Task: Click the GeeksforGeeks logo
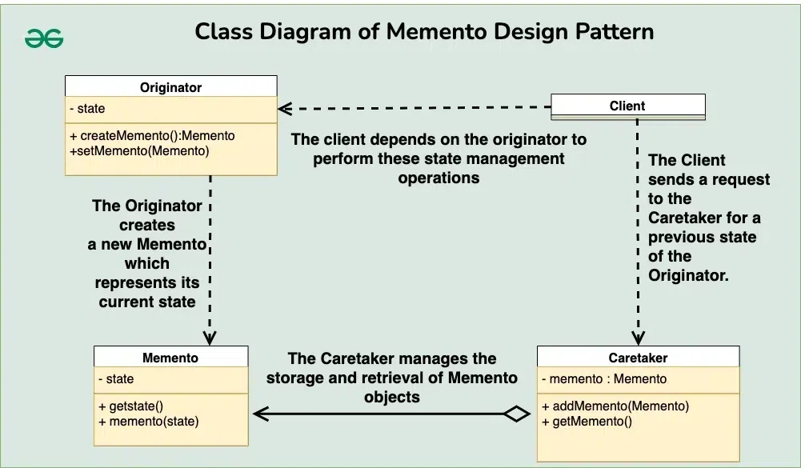pyautogui.click(x=44, y=38)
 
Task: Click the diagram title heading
pyautogui.click(x=424, y=32)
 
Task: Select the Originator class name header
pyautogui.click(x=170, y=87)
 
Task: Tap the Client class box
pyautogui.click(x=627, y=106)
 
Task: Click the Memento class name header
pyautogui.click(x=170, y=358)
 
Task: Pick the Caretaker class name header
pyautogui.click(x=638, y=358)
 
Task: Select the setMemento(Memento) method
pyautogui.click(x=139, y=150)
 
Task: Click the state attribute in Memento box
pyautogui.click(x=117, y=378)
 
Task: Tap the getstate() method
pyautogui.click(x=131, y=406)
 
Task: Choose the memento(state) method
pyautogui.click(x=149, y=421)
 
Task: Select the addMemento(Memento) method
pyautogui.click(x=615, y=406)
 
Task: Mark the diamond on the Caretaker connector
pyautogui.click(x=516, y=414)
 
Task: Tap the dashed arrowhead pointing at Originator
pyautogui.click(x=283, y=107)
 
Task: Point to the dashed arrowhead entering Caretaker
pyautogui.click(x=638, y=338)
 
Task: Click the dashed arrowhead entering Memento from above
pyautogui.click(x=210, y=338)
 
